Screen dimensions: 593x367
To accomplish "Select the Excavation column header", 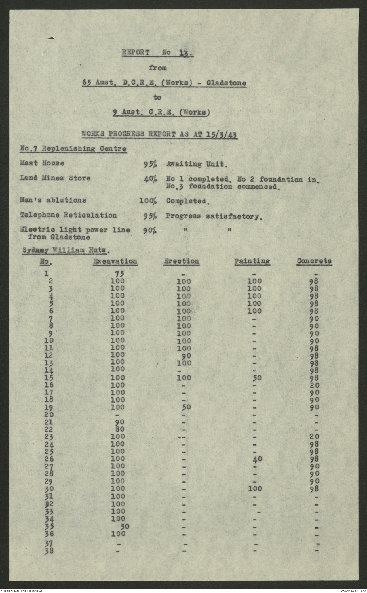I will point(115,261).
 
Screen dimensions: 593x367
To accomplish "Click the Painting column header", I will point(252,261).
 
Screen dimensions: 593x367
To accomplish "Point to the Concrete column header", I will point(314,261).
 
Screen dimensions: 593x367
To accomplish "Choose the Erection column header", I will point(181,261).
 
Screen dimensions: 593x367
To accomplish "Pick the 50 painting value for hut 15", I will point(255,377).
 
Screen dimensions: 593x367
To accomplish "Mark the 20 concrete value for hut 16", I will point(312,385).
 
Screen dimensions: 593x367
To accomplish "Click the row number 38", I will point(48,551).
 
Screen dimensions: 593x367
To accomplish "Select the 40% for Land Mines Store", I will point(150,179).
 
